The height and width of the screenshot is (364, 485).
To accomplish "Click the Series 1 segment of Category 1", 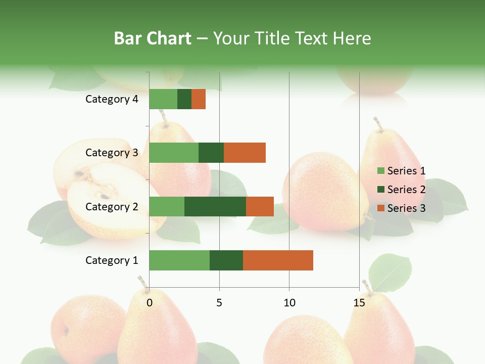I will coord(179,260).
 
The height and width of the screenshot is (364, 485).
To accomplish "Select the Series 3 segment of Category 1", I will coord(278,260).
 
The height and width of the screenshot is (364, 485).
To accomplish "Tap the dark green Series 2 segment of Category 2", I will coord(215,206).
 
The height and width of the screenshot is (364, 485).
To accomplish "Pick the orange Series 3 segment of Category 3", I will coord(245,153).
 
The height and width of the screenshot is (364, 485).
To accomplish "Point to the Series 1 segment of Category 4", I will coord(163,99).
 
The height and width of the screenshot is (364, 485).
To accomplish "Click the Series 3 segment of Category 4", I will coord(199,99).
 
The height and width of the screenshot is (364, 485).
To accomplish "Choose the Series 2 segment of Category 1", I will coord(226,260).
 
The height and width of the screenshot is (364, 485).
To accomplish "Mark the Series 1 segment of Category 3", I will coord(174,153).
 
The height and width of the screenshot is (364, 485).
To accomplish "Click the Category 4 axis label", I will coord(112,99).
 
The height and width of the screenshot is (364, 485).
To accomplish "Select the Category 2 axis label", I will coord(112,207).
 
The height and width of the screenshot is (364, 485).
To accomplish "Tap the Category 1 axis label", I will coord(112,260).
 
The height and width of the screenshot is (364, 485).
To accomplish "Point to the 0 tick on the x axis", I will coord(150,303).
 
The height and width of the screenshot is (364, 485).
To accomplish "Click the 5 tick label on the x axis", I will coord(219,303).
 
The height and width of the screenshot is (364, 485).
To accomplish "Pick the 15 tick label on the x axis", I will coord(359,303).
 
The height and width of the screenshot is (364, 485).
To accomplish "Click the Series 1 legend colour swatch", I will coord(380,171).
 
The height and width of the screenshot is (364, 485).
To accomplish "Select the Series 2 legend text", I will coord(406,190).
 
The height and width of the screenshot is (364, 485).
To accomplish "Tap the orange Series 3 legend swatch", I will coord(380,208).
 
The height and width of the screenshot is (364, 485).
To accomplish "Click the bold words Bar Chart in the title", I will coord(153,38).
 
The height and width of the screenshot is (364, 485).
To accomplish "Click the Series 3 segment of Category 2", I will coord(260,206).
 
